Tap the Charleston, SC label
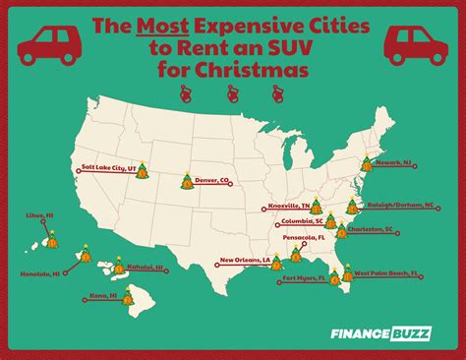(376, 230)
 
